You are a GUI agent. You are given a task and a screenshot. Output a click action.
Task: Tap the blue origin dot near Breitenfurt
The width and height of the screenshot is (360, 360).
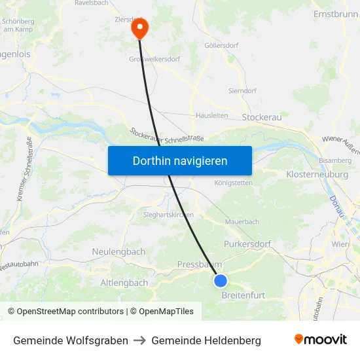point(221,281)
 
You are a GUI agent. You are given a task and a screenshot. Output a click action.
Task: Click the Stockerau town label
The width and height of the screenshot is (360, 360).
point(261,117)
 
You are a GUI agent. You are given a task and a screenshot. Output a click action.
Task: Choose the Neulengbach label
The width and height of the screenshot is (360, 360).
point(118,251)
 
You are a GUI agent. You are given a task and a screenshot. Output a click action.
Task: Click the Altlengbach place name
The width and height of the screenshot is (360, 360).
point(124,283)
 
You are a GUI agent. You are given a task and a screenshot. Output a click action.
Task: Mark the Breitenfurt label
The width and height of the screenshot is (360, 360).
point(243,295)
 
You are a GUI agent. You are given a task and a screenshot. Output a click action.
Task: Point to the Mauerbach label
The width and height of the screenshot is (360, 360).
point(242,223)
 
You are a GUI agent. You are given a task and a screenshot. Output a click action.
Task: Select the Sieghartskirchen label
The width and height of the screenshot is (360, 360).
point(168,215)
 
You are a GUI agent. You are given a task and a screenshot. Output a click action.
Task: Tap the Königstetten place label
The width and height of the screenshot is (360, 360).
point(233,183)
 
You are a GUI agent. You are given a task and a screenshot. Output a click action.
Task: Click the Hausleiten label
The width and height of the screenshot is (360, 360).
point(212,115)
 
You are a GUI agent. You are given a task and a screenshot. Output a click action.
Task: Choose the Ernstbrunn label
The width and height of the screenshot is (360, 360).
point(335,14)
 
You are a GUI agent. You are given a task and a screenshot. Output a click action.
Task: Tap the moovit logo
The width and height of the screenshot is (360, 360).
point(321,340)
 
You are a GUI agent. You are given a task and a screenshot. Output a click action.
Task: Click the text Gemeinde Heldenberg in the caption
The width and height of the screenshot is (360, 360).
point(206,340)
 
